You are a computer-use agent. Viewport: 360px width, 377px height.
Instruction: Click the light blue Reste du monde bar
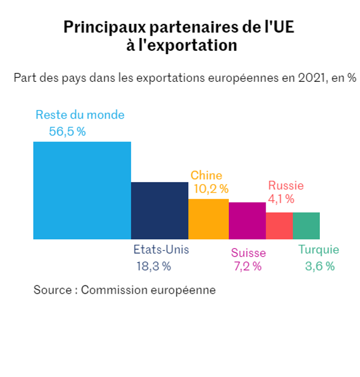coord(82,190)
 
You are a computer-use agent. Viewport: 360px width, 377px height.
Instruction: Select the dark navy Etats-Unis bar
coord(159,211)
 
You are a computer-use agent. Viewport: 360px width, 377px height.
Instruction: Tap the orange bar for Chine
coord(208,219)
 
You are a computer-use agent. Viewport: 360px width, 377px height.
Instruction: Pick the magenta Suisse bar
coord(247,220)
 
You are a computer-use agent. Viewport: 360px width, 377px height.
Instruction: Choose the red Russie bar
coord(279,225)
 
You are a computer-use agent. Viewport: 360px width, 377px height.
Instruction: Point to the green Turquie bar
coord(306,225)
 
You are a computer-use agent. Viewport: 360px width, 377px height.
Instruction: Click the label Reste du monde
coord(80,115)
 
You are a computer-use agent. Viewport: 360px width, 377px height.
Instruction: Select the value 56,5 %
coord(67,131)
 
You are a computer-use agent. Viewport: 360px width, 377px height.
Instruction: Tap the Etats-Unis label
coord(161,250)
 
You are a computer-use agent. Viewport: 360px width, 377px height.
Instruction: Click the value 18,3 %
coord(154,266)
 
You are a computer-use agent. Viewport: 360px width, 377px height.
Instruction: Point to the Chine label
coord(206,175)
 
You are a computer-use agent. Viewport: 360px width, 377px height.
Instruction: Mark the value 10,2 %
coord(211,189)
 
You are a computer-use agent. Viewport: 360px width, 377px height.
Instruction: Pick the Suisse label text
coord(248,253)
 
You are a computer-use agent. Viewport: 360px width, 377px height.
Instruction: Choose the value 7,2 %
coord(247,266)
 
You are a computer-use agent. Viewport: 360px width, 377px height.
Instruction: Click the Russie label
coord(286,185)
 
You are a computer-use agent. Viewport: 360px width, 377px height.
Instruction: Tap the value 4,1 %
coord(281,199)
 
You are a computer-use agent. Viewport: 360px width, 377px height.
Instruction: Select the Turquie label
coord(319,250)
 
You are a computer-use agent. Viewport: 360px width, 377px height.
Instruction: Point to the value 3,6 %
coord(320,266)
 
